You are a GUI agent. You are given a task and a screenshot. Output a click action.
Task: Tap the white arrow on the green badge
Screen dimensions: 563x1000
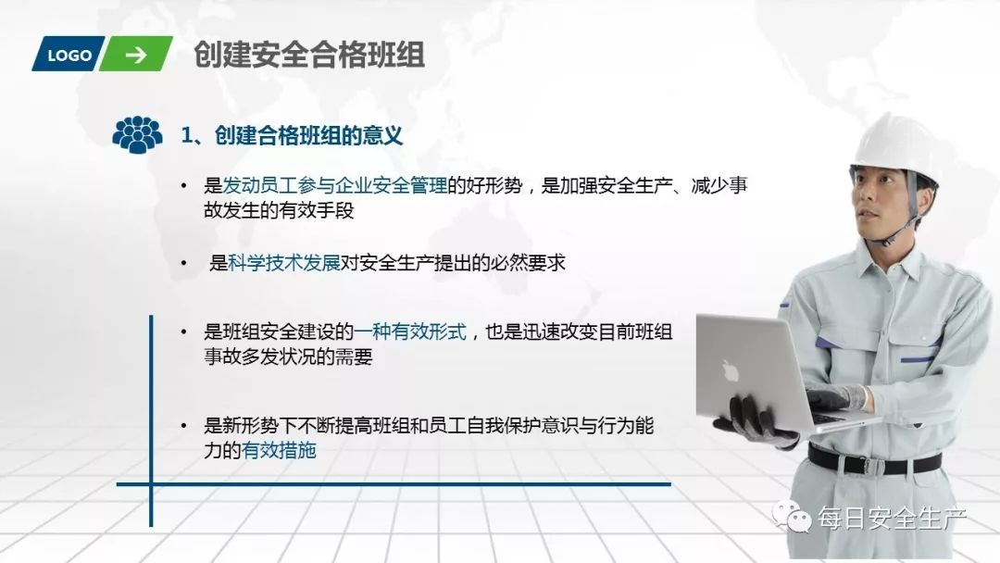[x=136, y=55]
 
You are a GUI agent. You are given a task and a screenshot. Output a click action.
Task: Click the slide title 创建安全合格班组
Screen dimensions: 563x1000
[x=309, y=55]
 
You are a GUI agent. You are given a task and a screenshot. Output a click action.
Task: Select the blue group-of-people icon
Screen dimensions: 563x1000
[x=137, y=135]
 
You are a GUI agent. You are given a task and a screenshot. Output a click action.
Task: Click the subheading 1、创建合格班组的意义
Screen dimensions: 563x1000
[x=292, y=136]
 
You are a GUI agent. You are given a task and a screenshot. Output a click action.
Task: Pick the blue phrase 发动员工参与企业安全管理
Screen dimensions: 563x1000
[x=335, y=185]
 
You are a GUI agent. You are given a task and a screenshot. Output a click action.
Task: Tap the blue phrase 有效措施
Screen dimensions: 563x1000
[x=279, y=452]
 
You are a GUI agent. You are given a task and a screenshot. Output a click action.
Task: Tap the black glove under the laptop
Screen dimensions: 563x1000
[x=755, y=420]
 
